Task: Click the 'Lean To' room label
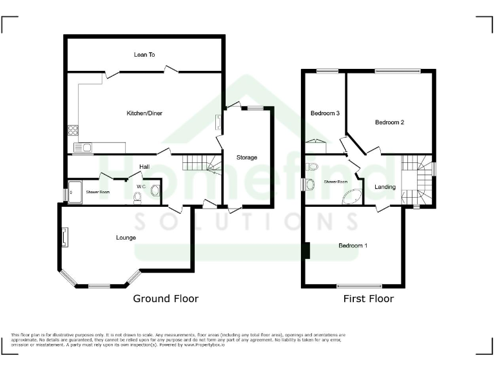(144, 55)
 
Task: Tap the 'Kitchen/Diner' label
(144, 113)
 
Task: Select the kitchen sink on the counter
(83, 148)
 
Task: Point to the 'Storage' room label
(246, 157)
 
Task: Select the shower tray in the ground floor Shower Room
(75, 191)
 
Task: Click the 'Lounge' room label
(126, 238)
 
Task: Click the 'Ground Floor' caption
(166, 299)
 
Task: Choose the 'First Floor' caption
(368, 299)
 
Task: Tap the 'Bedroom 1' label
(353, 245)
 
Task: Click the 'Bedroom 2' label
(389, 122)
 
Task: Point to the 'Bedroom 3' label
(325, 113)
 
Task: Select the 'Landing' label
(385, 187)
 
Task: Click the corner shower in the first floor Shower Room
(352, 197)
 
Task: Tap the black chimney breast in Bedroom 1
(307, 250)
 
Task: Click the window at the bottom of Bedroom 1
(359, 285)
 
